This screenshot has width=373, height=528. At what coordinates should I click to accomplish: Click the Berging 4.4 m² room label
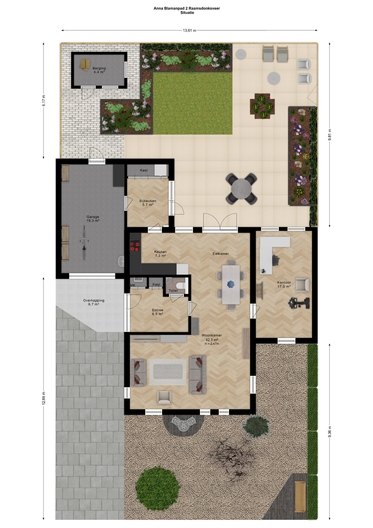pos(99,70)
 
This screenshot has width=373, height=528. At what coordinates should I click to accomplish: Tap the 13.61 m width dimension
pos(190,31)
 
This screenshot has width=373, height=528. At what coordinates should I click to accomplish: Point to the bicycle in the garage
pos(84,243)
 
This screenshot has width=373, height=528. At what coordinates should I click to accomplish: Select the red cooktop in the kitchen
pos(135,246)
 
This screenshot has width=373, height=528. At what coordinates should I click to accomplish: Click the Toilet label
pos(173,291)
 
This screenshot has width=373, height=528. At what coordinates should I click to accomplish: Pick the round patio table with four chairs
pos(241,189)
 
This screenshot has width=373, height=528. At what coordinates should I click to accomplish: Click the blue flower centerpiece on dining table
pos(231,284)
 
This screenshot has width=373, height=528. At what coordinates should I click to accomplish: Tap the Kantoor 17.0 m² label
pos(284,284)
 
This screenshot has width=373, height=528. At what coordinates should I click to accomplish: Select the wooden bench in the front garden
pos(300,497)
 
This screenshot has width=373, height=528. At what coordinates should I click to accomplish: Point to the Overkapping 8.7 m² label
pos(94,302)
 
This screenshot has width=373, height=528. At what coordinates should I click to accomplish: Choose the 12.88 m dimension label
pos(44,398)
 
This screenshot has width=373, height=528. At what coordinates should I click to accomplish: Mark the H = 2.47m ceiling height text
pos(212,344)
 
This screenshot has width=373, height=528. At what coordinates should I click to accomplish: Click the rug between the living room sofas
pos(168,372)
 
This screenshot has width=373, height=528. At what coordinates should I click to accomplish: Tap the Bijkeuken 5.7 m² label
pos(148,203)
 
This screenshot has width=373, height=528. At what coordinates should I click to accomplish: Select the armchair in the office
pos(303,285)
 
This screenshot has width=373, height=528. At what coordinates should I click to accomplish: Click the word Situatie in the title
pos(187,13)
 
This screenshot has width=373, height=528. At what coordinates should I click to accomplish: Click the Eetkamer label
pos(221,254)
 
